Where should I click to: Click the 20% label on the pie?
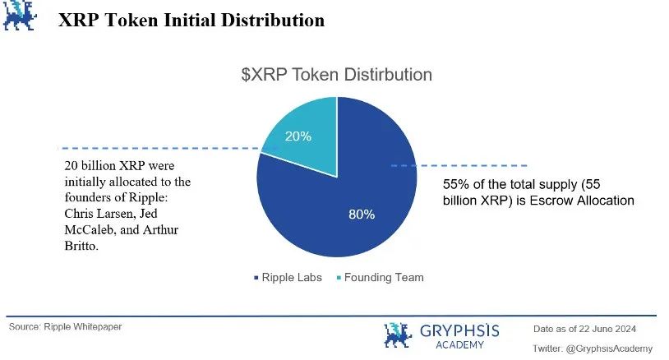pos(298,136)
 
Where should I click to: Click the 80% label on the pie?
pos(362,215)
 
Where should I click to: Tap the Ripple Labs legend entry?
pos(288,278)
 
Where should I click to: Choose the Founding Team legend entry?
pos(381,278)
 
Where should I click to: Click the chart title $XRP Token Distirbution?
pos(337,75)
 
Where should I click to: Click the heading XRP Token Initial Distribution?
pos(191,20)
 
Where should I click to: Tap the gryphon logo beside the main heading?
pos(20,16)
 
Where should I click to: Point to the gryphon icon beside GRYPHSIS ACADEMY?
pos(398,335)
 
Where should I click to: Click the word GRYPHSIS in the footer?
pos(459,331)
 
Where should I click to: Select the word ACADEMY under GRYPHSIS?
pos(460,344)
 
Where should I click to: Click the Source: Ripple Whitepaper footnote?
pos(65,327)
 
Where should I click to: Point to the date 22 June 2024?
pos(608,329)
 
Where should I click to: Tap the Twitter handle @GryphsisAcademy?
pos(609,348)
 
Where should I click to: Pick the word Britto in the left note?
pos(81,246)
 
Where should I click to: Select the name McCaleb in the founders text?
pos(90,229)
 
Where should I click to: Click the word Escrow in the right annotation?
pos(551,201)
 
